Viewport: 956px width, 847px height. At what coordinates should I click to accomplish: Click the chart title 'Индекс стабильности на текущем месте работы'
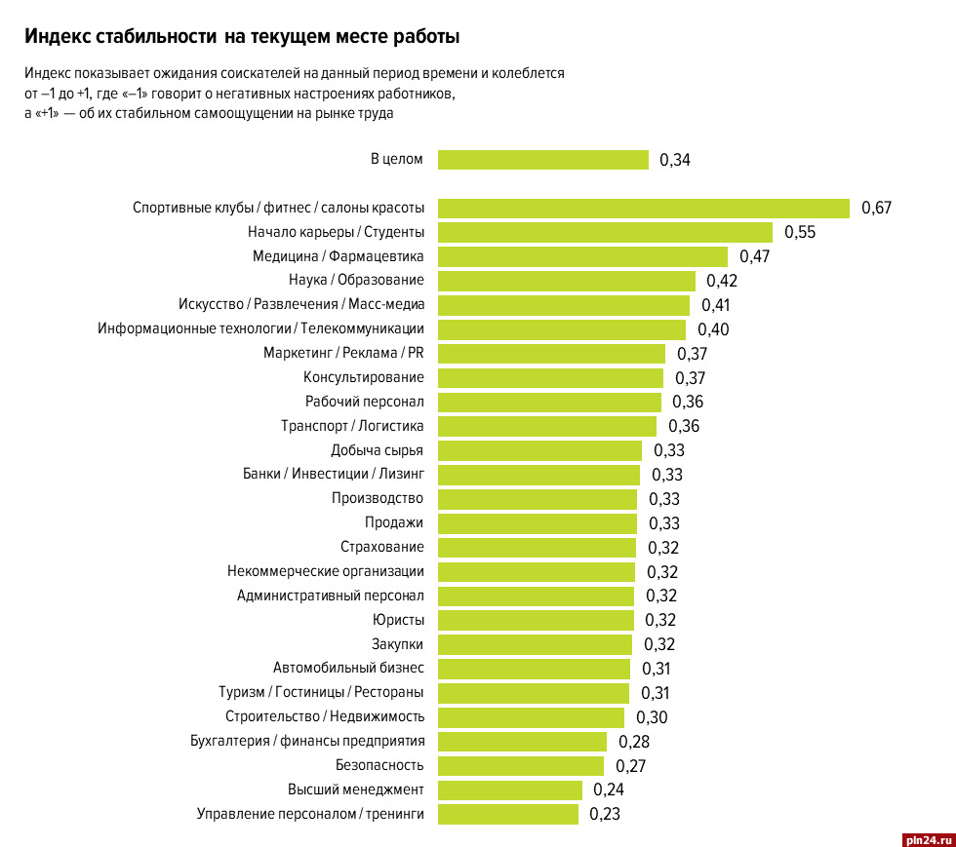[242, 37]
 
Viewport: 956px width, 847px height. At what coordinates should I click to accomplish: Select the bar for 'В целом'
[542, 160]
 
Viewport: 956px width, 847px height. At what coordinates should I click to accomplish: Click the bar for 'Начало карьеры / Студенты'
[605, 232]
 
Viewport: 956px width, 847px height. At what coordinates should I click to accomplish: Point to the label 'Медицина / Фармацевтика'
[339, 256]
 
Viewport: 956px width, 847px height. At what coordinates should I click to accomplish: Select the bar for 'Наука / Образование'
[566, 281]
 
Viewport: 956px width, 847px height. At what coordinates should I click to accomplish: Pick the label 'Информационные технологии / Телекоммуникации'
[260, 328]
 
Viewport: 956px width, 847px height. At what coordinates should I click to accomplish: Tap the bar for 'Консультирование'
[550, 377]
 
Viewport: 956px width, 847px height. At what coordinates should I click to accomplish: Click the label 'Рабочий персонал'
[364, 402]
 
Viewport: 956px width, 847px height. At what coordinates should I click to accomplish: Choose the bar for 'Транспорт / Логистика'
[546, 426]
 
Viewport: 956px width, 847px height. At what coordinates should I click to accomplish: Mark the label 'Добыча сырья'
[377, 450]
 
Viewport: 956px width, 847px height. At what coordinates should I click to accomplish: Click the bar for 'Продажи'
[537, 522]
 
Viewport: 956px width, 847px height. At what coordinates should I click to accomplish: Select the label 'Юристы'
[397, 620]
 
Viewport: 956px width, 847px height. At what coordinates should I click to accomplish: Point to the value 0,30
[652, 717]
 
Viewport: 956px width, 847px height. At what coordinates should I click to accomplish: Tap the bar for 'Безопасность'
[521, 765]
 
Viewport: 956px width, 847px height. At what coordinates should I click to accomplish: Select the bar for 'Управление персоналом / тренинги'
[507, 814]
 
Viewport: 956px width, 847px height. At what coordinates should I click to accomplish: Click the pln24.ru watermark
[919, 835]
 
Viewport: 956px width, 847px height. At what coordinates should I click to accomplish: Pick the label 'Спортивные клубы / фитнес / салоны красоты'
[278, 208]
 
